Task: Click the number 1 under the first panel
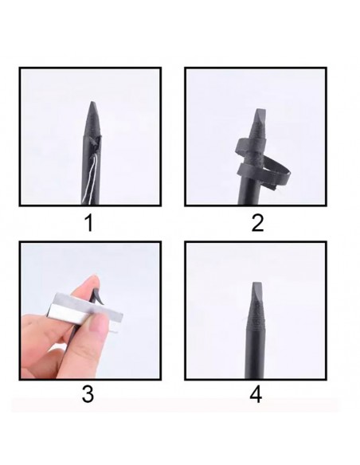tap(88, 223)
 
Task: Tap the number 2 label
tap(256, 223)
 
